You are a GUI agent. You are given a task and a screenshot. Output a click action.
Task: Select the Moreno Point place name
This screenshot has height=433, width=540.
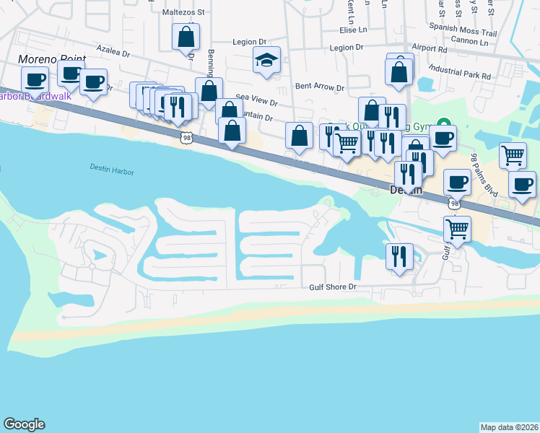tap(51, 59)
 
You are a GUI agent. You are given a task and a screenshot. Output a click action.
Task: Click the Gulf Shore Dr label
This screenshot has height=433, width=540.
tap(333, 287)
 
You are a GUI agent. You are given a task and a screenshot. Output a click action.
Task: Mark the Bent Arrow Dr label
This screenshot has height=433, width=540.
tap(320, 87)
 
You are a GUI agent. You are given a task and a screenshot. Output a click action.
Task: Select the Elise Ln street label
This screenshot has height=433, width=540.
tap(354, 30)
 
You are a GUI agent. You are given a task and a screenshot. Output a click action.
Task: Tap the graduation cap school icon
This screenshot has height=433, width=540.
tap(266, 61)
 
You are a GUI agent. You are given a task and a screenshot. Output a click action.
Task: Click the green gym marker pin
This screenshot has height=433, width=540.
tap(445, 126)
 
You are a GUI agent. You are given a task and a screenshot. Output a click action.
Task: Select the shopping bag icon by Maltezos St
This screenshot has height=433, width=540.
tap(186, 36)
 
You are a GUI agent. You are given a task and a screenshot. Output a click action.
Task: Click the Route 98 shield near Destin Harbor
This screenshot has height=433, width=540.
tap(187, 138)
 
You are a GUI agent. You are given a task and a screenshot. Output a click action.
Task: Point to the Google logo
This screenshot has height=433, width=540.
tap(24, 424)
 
